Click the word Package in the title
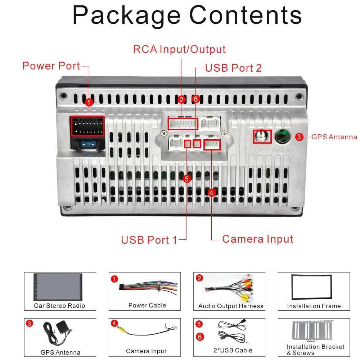pos(126,15)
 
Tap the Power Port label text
pos(51,66)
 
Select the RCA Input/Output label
pos(179,49)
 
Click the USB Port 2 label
pos(233,68)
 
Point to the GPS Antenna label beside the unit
pos(334,137)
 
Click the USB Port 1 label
pos(149,240)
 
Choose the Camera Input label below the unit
pos(257,239)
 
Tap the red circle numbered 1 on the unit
pos(89,102)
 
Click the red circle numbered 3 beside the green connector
pos(299,137)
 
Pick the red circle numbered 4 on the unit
pos(211,193)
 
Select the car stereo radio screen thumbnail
pos(58,287)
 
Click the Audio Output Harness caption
pos(231,306)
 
